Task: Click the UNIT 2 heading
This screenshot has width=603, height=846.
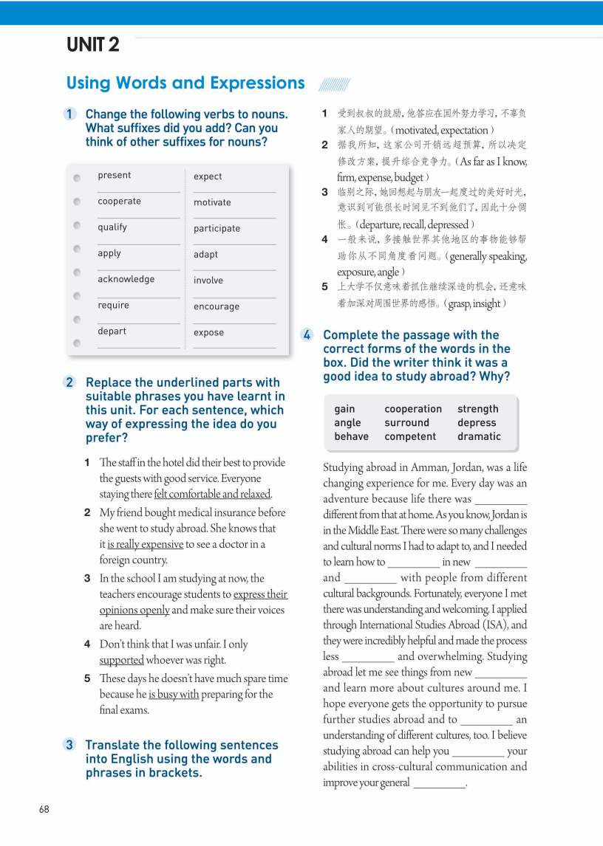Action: [x=93, y=45]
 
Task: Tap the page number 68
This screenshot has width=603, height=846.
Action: [x=44, y=809]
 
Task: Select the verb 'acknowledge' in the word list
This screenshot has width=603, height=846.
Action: [x=126, y=279]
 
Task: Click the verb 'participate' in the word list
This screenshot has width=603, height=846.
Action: [x=217, y=229]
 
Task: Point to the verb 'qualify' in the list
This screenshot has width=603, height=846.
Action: [x=112, y=227]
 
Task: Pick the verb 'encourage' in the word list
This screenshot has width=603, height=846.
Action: [x=217, y=307]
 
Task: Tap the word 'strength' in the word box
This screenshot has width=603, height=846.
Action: [x=478, y=409]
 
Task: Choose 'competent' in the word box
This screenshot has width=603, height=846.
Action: [x=410, y=436]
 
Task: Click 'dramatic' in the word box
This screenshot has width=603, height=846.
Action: [x=479, y=436]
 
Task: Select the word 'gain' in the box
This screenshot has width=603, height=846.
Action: [x=344, y=409]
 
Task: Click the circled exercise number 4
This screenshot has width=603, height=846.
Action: [x=307, y=335]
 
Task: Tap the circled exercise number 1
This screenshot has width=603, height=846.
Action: [x=69, y=114]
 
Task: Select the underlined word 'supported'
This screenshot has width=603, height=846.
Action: [x=122, y=660]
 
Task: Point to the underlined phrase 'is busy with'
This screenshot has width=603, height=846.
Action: [x=174, y=695]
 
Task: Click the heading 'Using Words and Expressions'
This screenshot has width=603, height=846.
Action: [x=185, y=83]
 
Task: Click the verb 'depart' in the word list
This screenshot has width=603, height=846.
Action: [x=112, y=331]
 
